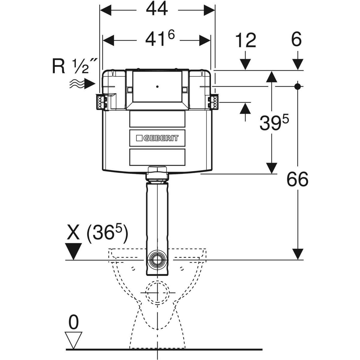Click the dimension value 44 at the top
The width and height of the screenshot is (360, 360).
157,10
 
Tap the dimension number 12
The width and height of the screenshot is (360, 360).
245,40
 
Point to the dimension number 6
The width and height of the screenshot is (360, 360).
296,40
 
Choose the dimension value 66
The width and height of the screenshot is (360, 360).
297,180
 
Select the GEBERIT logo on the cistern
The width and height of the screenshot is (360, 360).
157,138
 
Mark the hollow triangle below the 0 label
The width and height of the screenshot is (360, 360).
73,340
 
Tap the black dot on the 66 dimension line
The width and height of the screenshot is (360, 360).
297,86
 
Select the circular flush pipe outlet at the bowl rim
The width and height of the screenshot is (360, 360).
157,258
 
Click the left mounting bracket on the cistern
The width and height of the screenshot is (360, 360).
101,101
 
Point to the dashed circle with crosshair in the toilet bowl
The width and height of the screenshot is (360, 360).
157,292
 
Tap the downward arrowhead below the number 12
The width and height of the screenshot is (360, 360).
245,64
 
